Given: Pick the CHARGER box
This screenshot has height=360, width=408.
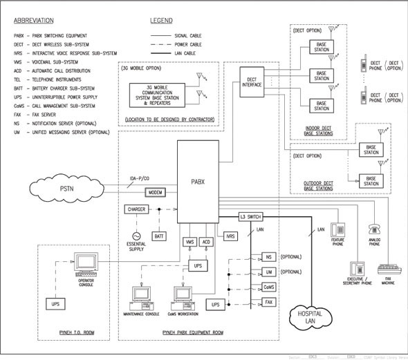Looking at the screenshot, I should coord(136,209).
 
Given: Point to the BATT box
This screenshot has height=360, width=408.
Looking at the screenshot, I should coord(158,236).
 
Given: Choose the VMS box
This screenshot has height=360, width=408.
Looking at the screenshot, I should coord(189,242).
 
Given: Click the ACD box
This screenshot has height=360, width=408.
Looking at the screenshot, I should coord(206,242).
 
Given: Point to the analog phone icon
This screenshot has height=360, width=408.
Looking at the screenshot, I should coord(375,230).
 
